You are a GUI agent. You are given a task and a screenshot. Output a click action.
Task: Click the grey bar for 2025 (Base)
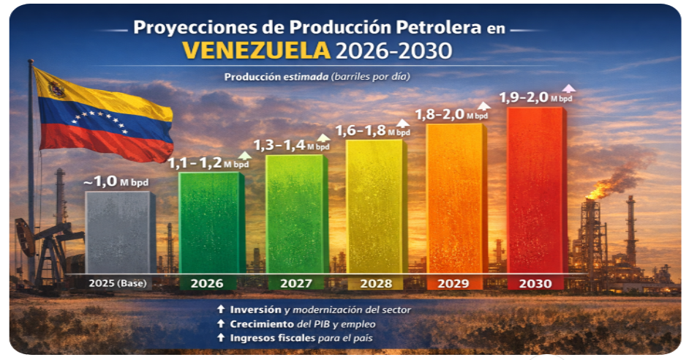[x=120, y=233]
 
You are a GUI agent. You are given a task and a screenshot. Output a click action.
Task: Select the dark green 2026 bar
[x=211, y=223]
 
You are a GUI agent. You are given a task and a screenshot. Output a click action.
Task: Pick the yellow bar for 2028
[x=377, y=208]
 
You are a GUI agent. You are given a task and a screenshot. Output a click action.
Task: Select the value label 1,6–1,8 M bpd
[x=372, y=130]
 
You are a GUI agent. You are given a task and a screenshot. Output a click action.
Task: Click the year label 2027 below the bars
[x=296, y=283]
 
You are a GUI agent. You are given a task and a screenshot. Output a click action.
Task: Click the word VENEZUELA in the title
[x=255, y=50]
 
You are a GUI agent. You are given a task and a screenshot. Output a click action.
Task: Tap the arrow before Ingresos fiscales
[x=221, y=337]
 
